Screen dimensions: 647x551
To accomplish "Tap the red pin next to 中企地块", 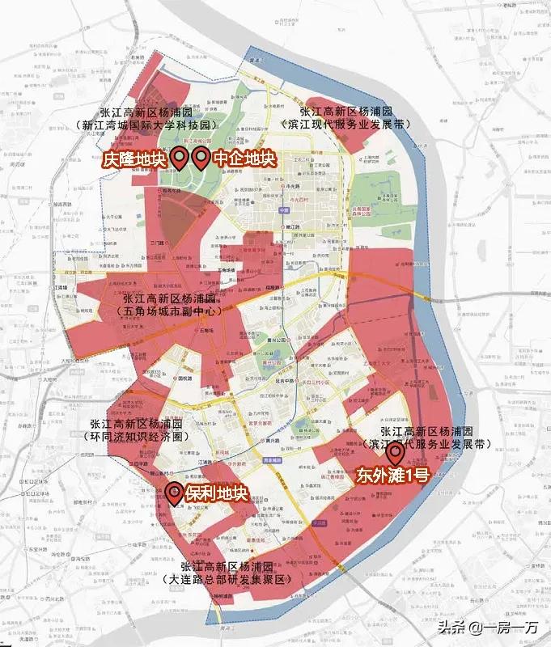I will (x=200, y=157).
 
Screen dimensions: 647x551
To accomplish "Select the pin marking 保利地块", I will (x=174, y=491).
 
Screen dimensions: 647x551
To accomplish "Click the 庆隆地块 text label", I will (x=134, y=160).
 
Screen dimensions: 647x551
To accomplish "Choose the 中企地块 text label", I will (x=244, y=160).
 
